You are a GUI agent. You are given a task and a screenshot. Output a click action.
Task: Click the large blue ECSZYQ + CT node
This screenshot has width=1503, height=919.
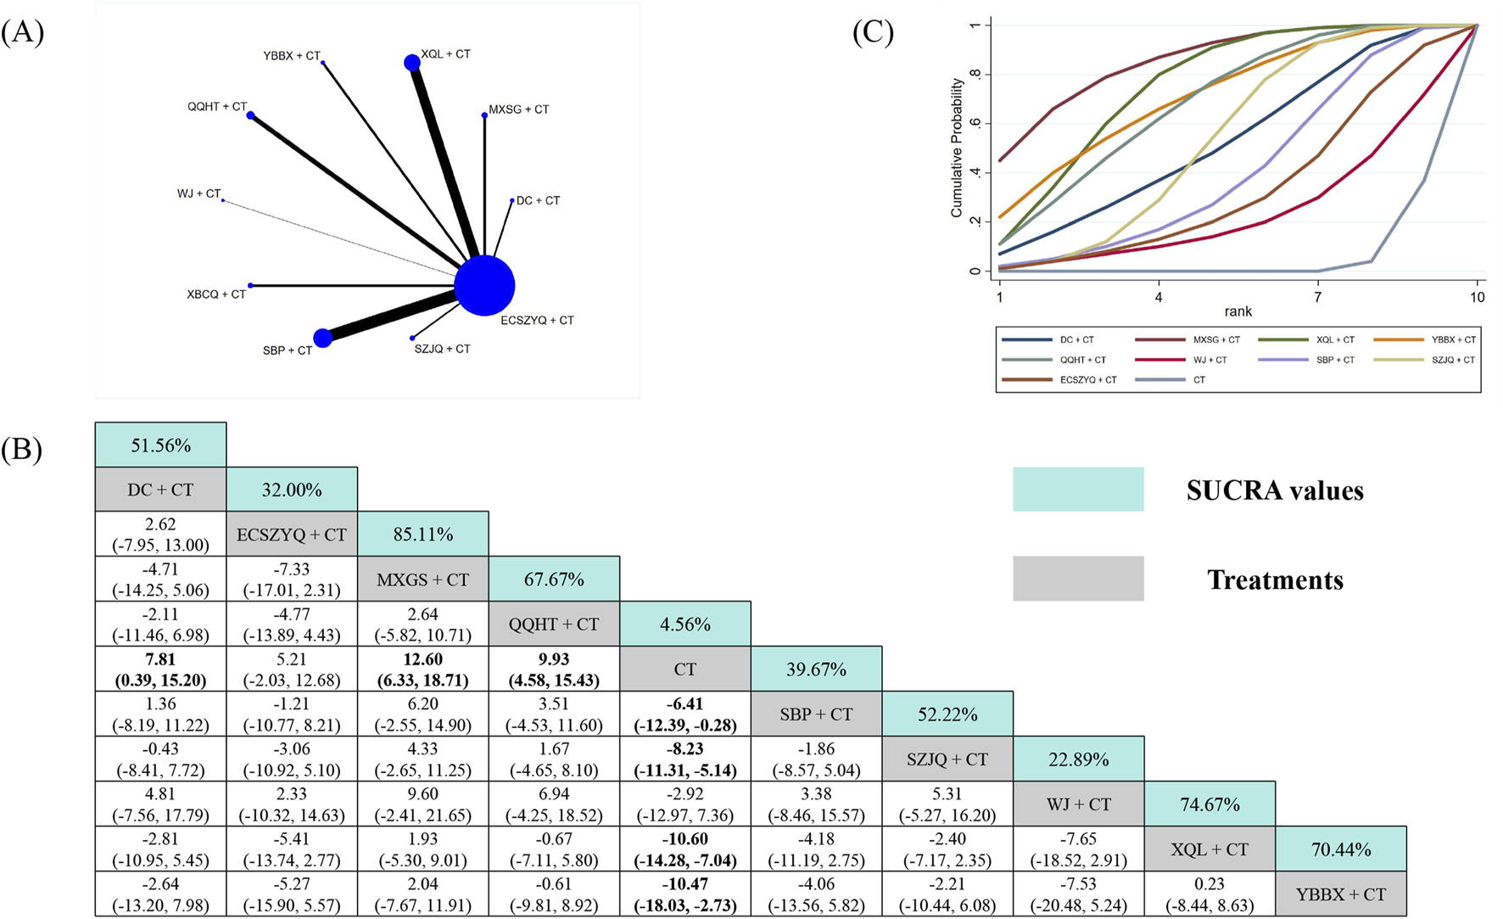(x=484, y=286)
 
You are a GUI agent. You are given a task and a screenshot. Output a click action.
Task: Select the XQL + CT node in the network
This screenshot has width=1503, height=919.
(x=411, y=63)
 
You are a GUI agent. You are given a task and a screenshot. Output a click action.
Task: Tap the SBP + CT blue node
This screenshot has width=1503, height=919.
(x=322, y=339)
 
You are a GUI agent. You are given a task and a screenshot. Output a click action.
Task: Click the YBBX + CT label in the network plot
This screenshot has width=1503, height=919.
(x=291, y=56)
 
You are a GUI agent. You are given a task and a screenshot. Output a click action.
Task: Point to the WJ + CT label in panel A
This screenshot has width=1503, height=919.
(x=198, y=194)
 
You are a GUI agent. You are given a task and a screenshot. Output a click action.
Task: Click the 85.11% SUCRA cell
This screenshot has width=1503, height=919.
(x=422, y=534)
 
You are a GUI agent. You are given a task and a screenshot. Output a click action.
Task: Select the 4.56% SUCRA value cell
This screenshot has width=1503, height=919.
(x=684, y=624)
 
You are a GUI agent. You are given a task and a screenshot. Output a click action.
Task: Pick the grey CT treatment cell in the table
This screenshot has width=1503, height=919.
(x=684, y=669)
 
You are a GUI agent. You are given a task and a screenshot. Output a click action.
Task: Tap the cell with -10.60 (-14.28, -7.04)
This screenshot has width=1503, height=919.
(x=684, y=849)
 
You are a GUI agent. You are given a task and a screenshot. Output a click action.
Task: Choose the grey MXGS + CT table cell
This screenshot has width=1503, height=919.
(x=422, y=579)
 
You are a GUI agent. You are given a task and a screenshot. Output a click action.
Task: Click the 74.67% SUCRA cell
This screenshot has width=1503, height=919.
(x=1210, y=804)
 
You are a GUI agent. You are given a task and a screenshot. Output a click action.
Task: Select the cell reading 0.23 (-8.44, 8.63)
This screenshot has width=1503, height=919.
(x=1210, y=894)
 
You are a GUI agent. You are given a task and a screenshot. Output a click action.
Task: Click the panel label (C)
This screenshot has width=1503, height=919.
(x=873, y=32)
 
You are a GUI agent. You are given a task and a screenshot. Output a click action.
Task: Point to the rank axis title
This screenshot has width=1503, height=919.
(x=1238, y=311)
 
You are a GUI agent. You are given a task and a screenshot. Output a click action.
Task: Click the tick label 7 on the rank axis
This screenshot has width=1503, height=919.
(x=1317, y=297)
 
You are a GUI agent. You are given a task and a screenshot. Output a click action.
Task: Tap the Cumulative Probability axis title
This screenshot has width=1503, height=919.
(x=957, y=148)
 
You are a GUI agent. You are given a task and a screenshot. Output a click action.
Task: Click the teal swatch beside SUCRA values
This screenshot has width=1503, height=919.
(x=1077, y=489)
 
